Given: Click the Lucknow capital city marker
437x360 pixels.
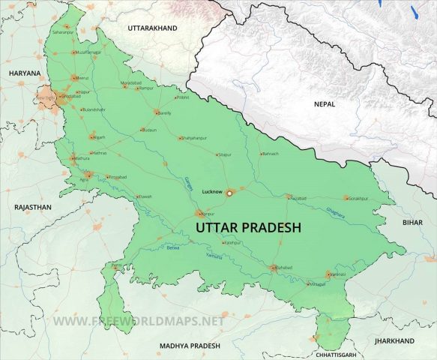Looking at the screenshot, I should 230,192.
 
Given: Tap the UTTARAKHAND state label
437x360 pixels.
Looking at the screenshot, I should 152,28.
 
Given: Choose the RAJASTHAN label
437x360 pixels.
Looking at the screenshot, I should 32,206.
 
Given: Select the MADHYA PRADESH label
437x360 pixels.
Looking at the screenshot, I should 190,345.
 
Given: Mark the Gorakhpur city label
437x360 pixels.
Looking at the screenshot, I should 358,198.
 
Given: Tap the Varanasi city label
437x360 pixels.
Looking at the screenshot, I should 337,274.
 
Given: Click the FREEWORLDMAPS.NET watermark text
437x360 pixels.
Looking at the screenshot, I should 139,321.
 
